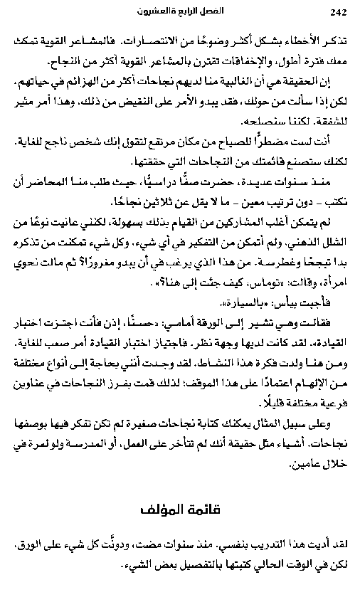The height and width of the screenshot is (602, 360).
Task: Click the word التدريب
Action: [x=266, y=545]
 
